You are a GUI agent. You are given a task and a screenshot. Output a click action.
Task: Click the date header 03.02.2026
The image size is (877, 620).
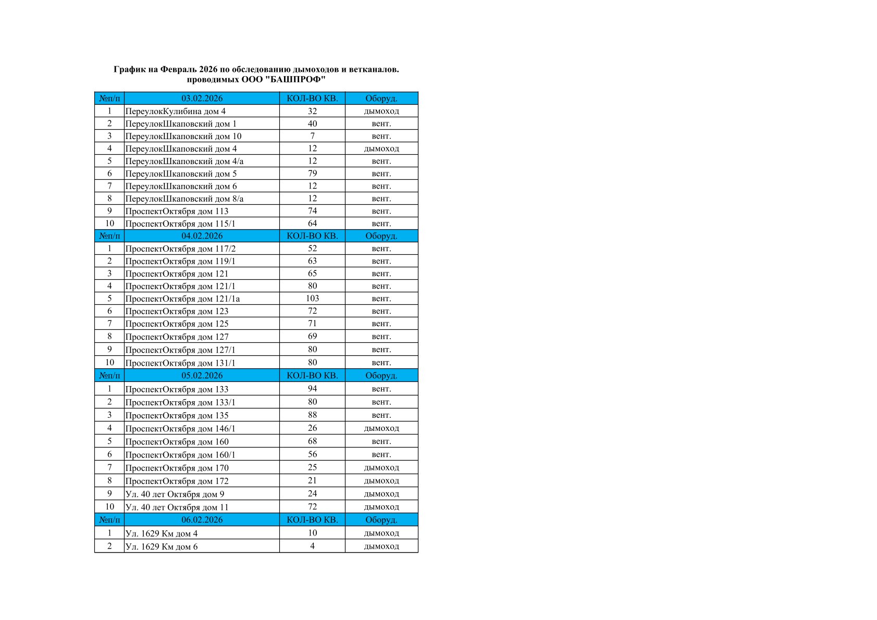[202, 98]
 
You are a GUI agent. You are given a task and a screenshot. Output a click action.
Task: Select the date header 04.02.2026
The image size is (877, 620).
[202, 236]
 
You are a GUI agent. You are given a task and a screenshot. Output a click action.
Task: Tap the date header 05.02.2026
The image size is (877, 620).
[202, 376]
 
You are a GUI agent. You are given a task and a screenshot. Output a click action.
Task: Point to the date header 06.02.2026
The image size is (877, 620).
[202, 520]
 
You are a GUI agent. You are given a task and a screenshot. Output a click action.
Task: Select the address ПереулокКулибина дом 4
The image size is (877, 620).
[176, 111]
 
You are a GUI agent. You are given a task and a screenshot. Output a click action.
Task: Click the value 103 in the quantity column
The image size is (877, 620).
[312, 299]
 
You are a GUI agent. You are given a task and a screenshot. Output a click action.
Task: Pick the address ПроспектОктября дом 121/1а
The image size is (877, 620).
[182, 299]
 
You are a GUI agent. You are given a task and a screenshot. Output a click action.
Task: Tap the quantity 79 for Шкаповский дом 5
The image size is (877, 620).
[312, 173]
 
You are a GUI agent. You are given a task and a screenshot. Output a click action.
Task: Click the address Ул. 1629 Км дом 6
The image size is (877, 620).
[162, 547]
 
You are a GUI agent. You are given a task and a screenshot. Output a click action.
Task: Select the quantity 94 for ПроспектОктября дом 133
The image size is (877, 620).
[312, 389]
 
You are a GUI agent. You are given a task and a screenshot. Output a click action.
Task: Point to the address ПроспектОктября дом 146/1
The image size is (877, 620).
[180, 429]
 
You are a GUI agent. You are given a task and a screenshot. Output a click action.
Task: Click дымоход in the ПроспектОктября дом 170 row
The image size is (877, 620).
[381, 468]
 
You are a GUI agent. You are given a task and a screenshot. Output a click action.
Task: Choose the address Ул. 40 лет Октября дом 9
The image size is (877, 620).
[175, 494]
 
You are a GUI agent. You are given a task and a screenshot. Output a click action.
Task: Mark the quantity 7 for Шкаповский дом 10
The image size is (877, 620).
[312, 136]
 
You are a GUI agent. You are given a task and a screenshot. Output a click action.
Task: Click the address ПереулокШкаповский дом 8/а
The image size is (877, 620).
[184, 199]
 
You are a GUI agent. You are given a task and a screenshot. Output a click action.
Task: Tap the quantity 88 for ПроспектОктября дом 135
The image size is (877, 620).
[312, 415]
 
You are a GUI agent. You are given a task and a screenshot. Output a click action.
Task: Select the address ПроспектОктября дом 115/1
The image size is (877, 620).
[180, 224]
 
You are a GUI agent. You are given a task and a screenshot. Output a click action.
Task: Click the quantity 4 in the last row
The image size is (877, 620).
[312, 546]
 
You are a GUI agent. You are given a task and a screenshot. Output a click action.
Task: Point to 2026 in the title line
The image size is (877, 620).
[208, 69]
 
